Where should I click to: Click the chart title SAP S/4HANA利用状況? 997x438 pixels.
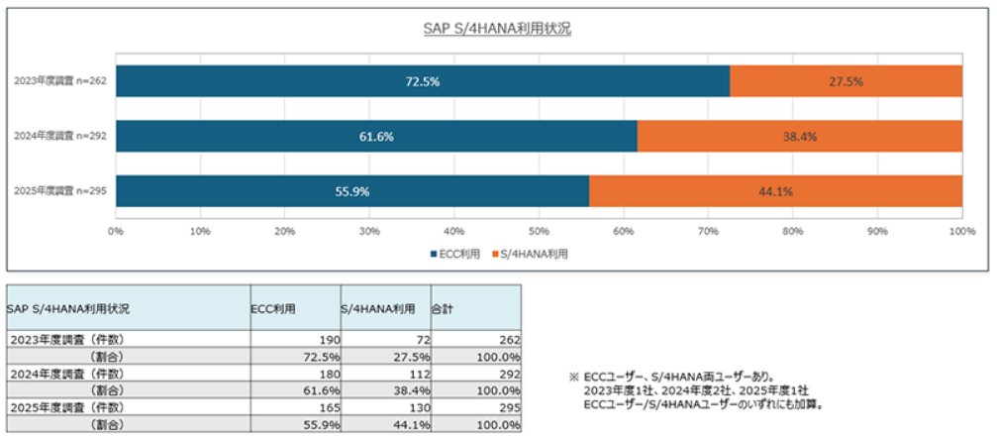[x=497, y=29]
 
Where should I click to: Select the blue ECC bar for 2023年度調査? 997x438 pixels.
[x=423, y=81]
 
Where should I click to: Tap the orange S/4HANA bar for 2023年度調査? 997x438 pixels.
[x=846, y=81]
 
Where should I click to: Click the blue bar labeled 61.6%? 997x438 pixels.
[x=376, y=136]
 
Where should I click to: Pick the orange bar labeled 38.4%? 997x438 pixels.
[x=799, y=136]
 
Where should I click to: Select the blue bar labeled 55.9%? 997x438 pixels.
[x=352, y=191]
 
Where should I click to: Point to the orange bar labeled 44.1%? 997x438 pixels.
[x=775, y=191]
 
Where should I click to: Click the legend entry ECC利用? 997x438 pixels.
[x=455, y=255]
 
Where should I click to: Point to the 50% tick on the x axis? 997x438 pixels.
[x=539, y=231]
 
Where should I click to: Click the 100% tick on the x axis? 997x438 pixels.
[x=961, y=231]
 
